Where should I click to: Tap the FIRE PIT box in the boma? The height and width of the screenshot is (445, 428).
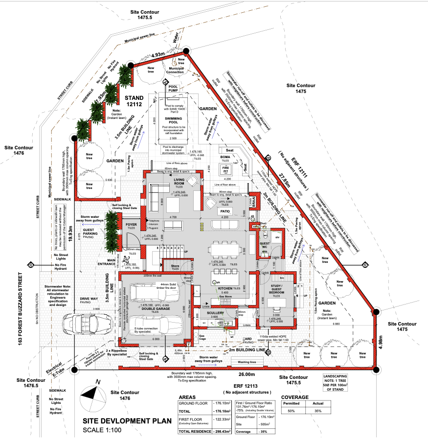(x=225, y=169)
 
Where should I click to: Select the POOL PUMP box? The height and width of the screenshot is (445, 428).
(x=174, y=89)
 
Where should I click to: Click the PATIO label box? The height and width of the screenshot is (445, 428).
(x=225, y=211)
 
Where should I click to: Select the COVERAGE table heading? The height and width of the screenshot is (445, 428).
(x=295, y=397)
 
